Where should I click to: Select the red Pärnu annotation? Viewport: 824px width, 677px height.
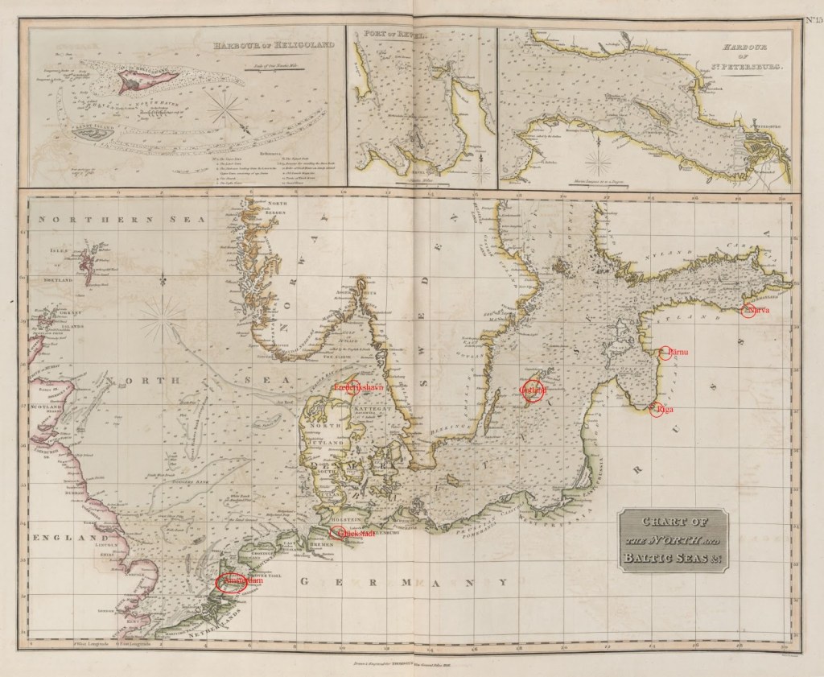tap(666, 353)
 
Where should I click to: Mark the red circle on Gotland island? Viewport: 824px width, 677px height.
tap(532, 390)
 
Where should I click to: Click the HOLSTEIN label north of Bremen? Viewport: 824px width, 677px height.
tap(335, 521)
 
